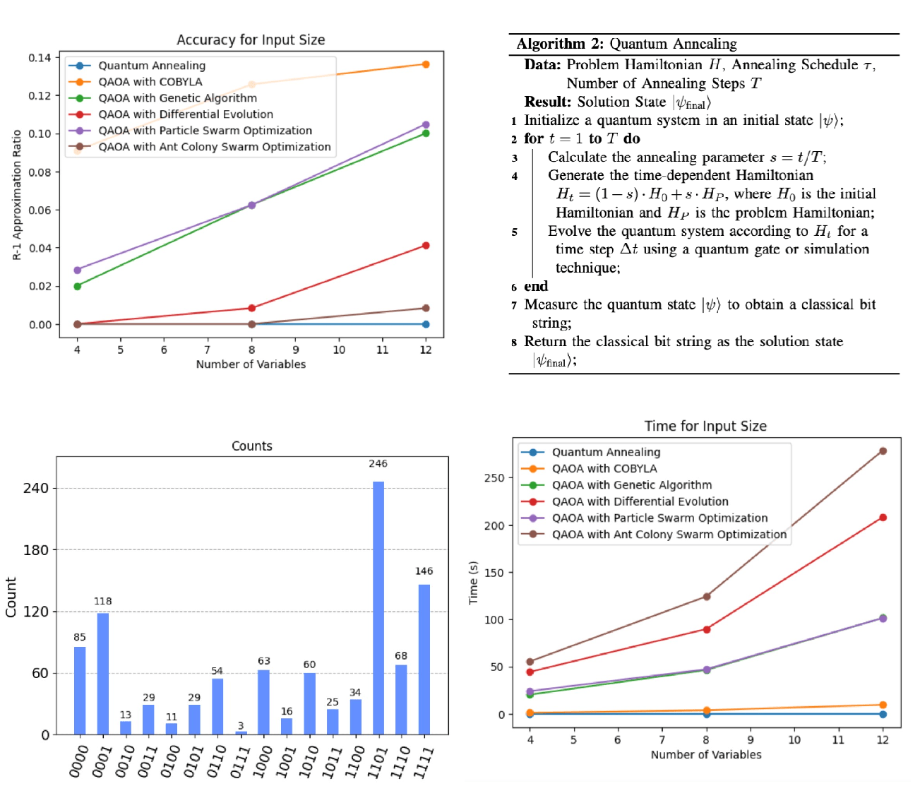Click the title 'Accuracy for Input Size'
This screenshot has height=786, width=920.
pyautogui.click(x=251, y=40)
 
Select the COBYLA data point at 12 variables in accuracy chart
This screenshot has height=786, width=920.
pyautogui.click(x=426, y=64)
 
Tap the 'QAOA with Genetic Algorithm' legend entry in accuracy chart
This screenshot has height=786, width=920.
pyautogui.click(x=177, y=98)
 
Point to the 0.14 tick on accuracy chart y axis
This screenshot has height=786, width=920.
pyautogui.click(x=40, y=57)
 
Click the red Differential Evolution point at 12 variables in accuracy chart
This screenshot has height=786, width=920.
pyautogui.click(x=426, y=246)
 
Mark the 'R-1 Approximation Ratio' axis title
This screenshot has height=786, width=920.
pyautogui.click(x=17, y=195)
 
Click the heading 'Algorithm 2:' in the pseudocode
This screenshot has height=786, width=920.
pyautogui.click(x=560, y=44)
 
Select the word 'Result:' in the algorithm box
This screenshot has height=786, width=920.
pyautogui.click(x=547, y=102)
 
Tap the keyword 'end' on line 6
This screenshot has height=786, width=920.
pyautogui.click(x=536, y=286)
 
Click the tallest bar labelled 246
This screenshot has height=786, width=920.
pyautogui.click(x=378, y=607)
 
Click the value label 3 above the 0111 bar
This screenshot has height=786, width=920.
pyautogui.click(x=241, y=725)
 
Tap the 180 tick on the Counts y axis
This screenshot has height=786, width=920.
pyautogui.click(x=36, y=549)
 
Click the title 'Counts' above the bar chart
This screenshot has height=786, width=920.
pyautogui.click(x=252, y=446)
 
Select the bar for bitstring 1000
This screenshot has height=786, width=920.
pyautogui.click(x=263, y=702)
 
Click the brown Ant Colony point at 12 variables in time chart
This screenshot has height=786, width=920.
pyautogui.click(x=883, y=451)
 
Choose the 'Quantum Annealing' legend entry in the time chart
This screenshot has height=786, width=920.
pyautogui.click(x=606, y=452)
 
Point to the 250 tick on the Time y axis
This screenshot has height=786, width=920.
pyautogui.click(x=494, y=478)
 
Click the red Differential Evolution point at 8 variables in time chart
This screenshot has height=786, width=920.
pyautogui.click(x=706, y=629)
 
